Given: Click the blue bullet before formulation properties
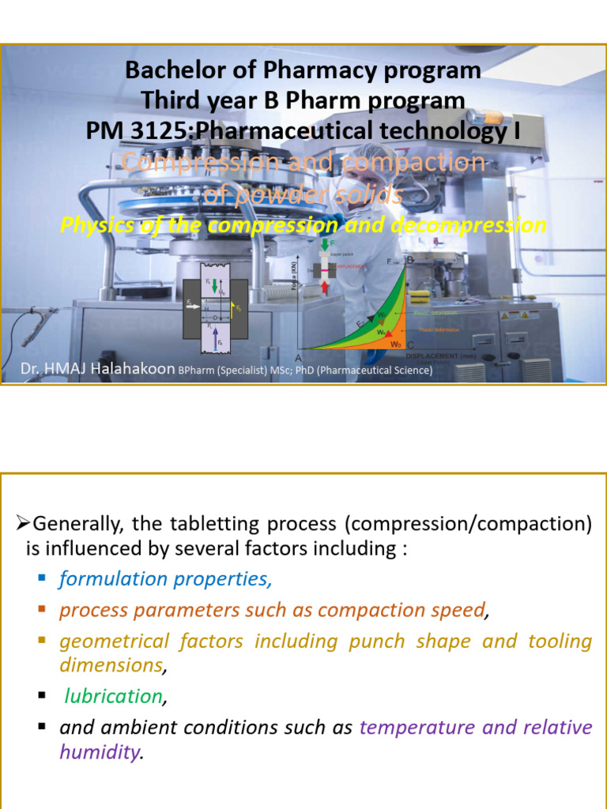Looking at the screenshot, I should [43, 579].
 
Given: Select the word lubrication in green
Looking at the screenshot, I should [113, 696].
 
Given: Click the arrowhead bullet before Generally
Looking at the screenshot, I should [23, 523].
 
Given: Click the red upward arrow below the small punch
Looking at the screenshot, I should [325, 288].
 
